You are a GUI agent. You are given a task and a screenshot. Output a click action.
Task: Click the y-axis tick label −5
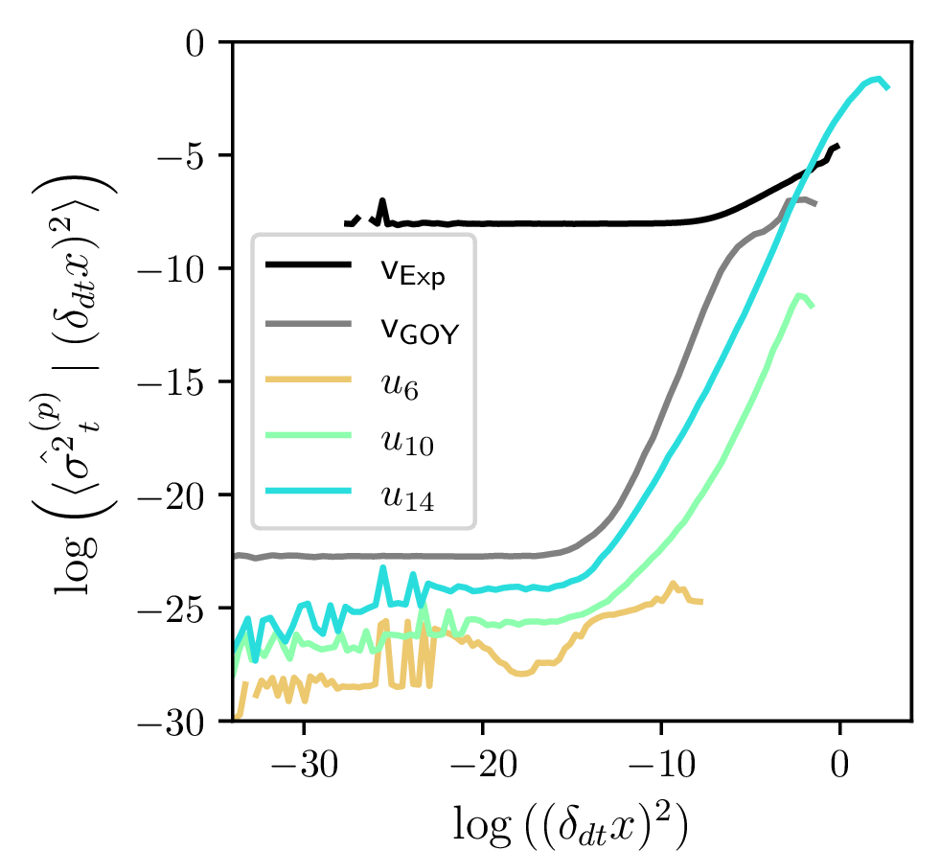pyautogui.click(x=188, y=156)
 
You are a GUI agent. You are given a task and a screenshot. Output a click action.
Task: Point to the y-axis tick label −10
pyautogui.click(x=179, y=269)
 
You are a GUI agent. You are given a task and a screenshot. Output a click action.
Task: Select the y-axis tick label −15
pyautogui.click(x=179, y=382)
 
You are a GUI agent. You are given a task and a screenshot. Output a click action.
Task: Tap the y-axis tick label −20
pyautogui.click(x=179, y=495)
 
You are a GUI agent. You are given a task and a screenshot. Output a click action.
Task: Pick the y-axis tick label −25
pyautogui.click(x=179, y=609)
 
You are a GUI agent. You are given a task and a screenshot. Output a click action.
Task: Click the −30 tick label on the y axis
pyautogui.click(x=179, y=722)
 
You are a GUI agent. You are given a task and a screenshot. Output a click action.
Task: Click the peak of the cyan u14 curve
pyautogui.click(x=877, y=79)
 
